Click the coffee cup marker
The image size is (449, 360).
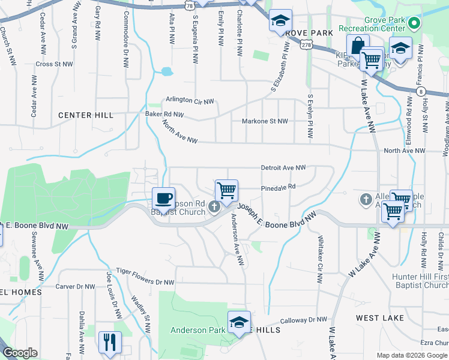(163, 198)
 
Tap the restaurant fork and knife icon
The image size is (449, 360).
(110, 342)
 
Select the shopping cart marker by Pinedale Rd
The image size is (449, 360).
(227, 191)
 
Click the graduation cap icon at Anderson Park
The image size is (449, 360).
(239, 322)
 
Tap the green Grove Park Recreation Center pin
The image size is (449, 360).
(414, 24)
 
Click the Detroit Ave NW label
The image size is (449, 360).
(283, 168)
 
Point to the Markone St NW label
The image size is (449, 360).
(265, 121)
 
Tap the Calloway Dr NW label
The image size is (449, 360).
(303, 320)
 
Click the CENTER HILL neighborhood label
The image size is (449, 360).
(85, 115)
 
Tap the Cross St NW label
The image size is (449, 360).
(54, 64)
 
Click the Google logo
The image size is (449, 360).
(20, 353)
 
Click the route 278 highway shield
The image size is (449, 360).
(306, 44)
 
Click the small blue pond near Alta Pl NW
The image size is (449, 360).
(166, 72)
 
